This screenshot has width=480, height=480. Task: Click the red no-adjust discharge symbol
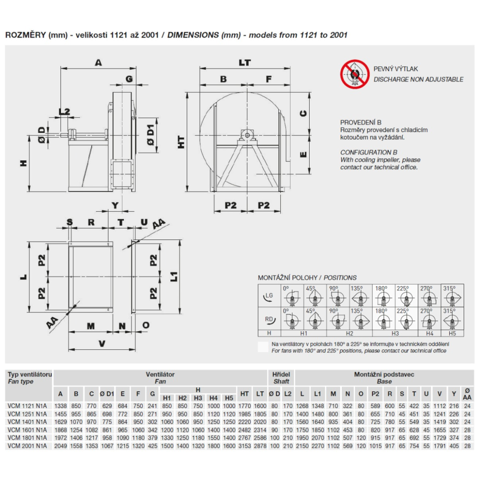coord(355,74)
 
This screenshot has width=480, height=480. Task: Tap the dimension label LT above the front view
coord(245,63)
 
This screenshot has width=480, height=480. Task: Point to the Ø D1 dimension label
coord(150,135)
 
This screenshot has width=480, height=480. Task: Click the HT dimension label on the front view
coord(181,142)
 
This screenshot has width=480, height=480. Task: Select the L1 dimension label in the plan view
coord(174,276)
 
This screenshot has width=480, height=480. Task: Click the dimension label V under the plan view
coord(102,344)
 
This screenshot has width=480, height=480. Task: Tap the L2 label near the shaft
coord(64,111)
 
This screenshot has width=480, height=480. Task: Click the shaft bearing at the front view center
coord(247,135)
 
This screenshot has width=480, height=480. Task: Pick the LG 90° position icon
coord(337,296)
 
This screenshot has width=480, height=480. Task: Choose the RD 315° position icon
coord(452,319)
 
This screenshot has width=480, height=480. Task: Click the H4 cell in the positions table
coord(430,334)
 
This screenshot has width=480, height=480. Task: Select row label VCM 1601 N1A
coord(27,430)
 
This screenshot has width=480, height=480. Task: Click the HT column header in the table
coord(244,394)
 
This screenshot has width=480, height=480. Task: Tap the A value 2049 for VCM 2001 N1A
coord(60,446)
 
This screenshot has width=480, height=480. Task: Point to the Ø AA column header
coord(467,394)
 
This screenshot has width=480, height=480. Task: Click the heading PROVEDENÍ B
coord(360,122)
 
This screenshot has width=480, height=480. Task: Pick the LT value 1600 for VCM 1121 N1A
coord(260,406)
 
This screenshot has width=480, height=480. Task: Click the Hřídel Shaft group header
coord(281,378)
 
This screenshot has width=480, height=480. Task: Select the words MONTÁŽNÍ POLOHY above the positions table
coord(288,277)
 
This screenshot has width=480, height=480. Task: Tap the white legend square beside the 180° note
coord(263,347)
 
